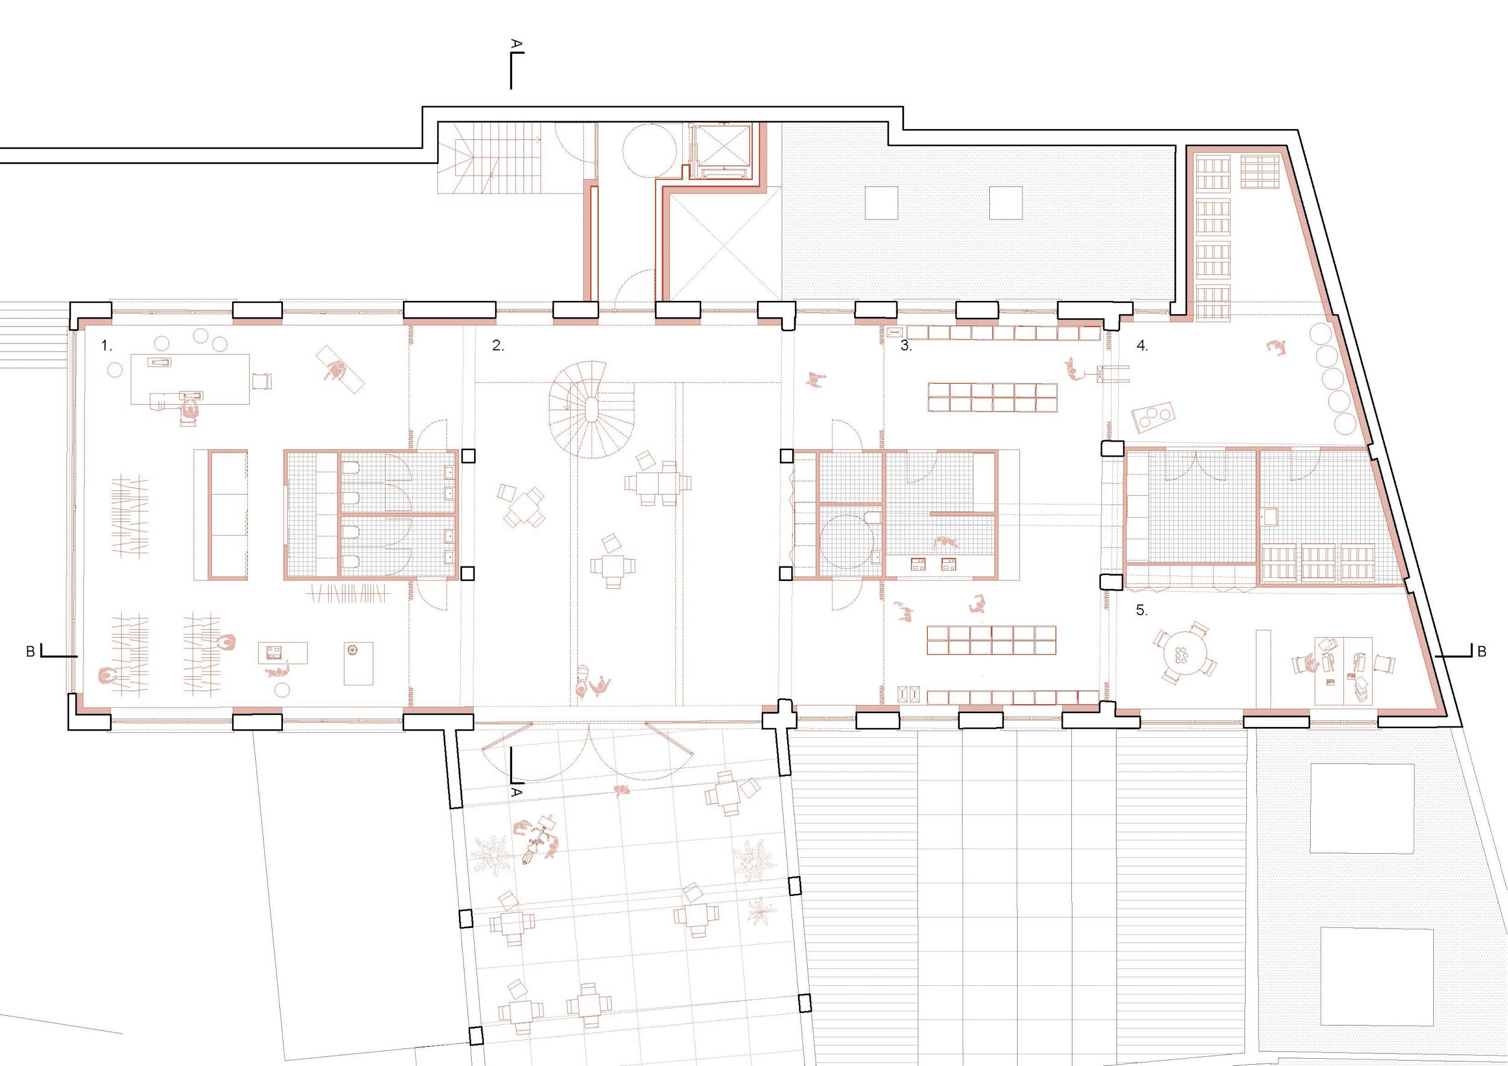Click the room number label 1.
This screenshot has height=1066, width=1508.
[107, 346]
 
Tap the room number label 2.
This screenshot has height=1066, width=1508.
[498, 346]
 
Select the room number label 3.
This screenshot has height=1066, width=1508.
[907, 346]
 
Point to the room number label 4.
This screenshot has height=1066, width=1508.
[1142, 346]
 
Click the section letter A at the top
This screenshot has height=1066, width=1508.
[517, 44]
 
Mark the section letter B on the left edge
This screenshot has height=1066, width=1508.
[30, 652]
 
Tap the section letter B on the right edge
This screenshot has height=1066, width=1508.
[1481, 652]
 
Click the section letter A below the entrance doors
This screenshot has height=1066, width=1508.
[517, 793]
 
